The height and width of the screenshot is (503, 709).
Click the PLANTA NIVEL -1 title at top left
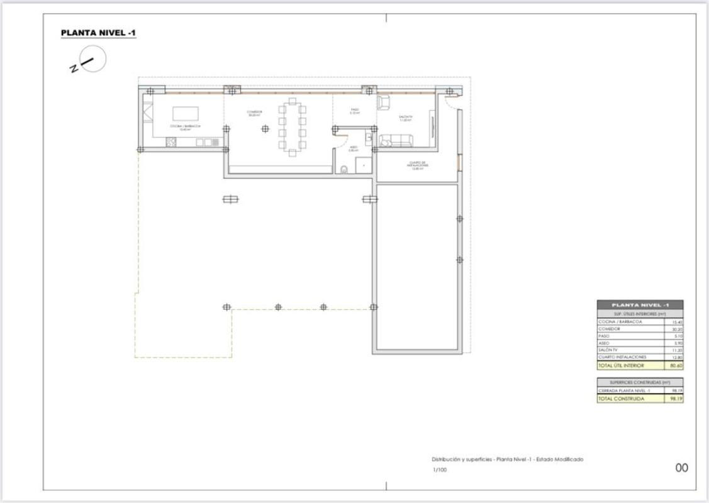(x=98, y=33)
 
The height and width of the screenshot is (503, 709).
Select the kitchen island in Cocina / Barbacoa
(x=186, y=113)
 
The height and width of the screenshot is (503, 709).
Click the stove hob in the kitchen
(x=171, y=142)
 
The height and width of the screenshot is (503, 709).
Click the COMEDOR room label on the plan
(x=254, y=113)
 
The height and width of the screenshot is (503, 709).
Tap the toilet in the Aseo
(x=344, y=169)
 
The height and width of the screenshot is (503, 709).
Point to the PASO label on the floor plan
(x=355, y=111)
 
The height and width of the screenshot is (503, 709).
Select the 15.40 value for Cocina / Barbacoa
(x=677, y=322)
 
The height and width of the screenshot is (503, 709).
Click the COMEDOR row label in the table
(x=610, y=329)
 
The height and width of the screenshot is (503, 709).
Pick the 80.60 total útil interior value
(x=676, y=365)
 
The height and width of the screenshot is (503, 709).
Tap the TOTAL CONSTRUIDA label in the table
(x=621, y=399)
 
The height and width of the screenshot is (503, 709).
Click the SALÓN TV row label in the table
(x=608, y=350)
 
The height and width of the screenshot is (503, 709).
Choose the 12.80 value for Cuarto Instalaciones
(x=677, y=357)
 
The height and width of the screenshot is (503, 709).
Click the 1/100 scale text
(x=440, y=470)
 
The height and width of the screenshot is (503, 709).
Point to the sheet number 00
(x=681, y=468)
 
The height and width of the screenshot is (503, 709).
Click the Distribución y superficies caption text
(x=507, y=459)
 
